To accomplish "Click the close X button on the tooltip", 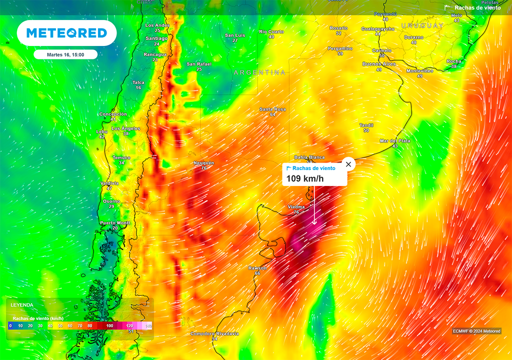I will tap(348, 164).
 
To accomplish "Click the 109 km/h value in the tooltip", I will tap(305, 178).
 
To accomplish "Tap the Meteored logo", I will tap(66, 33).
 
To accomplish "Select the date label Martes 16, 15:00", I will tap(65, 54).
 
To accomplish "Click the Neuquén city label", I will tap(204, 163).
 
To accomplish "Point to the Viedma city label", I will tap(296, 206).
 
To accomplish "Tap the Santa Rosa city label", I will tap(272, 109).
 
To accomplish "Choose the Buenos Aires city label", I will tap(379, 64).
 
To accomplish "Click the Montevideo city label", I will tap(420, 70).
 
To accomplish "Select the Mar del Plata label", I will tap(395, 141).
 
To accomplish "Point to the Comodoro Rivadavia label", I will tap(214, 333).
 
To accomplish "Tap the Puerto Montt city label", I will tap(115, 222).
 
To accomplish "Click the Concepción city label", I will tap(113, 114).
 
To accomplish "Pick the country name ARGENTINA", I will tap(260, 72).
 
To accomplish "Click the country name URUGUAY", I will tap(422, 25).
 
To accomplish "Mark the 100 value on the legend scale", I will tap(109, 325).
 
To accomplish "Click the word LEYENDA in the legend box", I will tap(22, 304).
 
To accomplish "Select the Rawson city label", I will tap(257, 268).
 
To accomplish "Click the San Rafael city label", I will tap(199, 64).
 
